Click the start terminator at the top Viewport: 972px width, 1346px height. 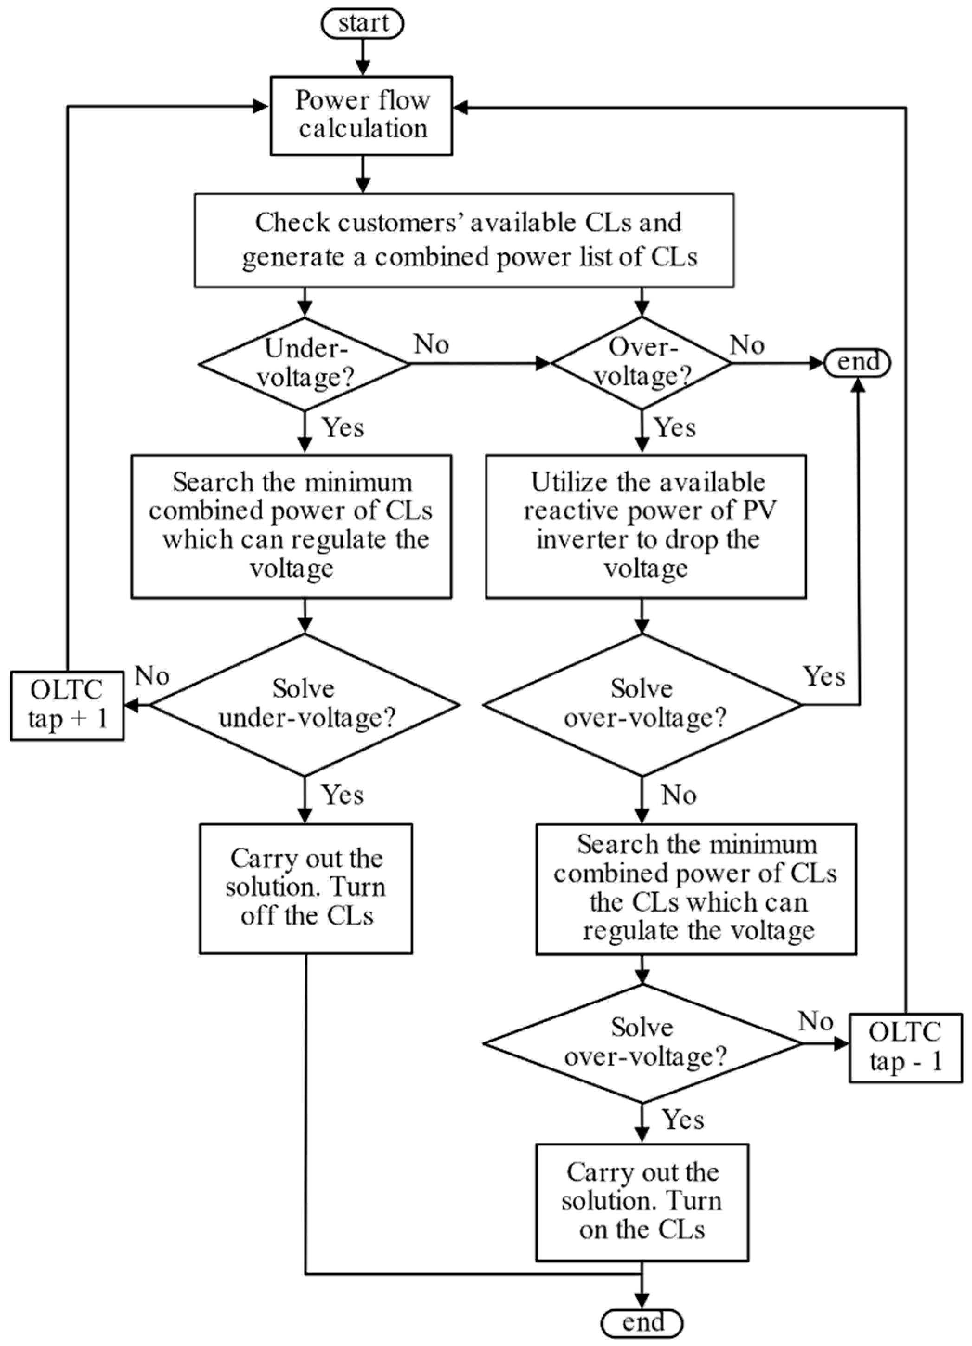(x=362, y=24)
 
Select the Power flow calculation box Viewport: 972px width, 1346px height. (x=362, y=116)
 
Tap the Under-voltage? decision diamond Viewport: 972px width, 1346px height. (x=305, y=363)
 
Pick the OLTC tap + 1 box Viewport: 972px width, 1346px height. (x=67, y=705)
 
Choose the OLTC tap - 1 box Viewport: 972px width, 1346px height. (x=905, y=1048)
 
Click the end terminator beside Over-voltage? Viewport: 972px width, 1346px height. (x=857, y=362)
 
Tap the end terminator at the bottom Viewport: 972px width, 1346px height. (x=642, y=1323)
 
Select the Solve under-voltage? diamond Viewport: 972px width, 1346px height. (x=305, y=705)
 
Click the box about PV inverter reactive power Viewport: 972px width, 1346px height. (x=646, y=526)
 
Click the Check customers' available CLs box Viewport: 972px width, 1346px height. (x=464, y=240)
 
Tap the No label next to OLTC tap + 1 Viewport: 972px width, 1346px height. (x=152, y=676)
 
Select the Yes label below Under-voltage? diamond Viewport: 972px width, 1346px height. (x=343, y=427)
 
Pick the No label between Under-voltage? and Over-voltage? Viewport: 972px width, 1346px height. (x=431, y=344)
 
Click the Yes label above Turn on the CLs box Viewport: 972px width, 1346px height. (x=683, y=1120)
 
